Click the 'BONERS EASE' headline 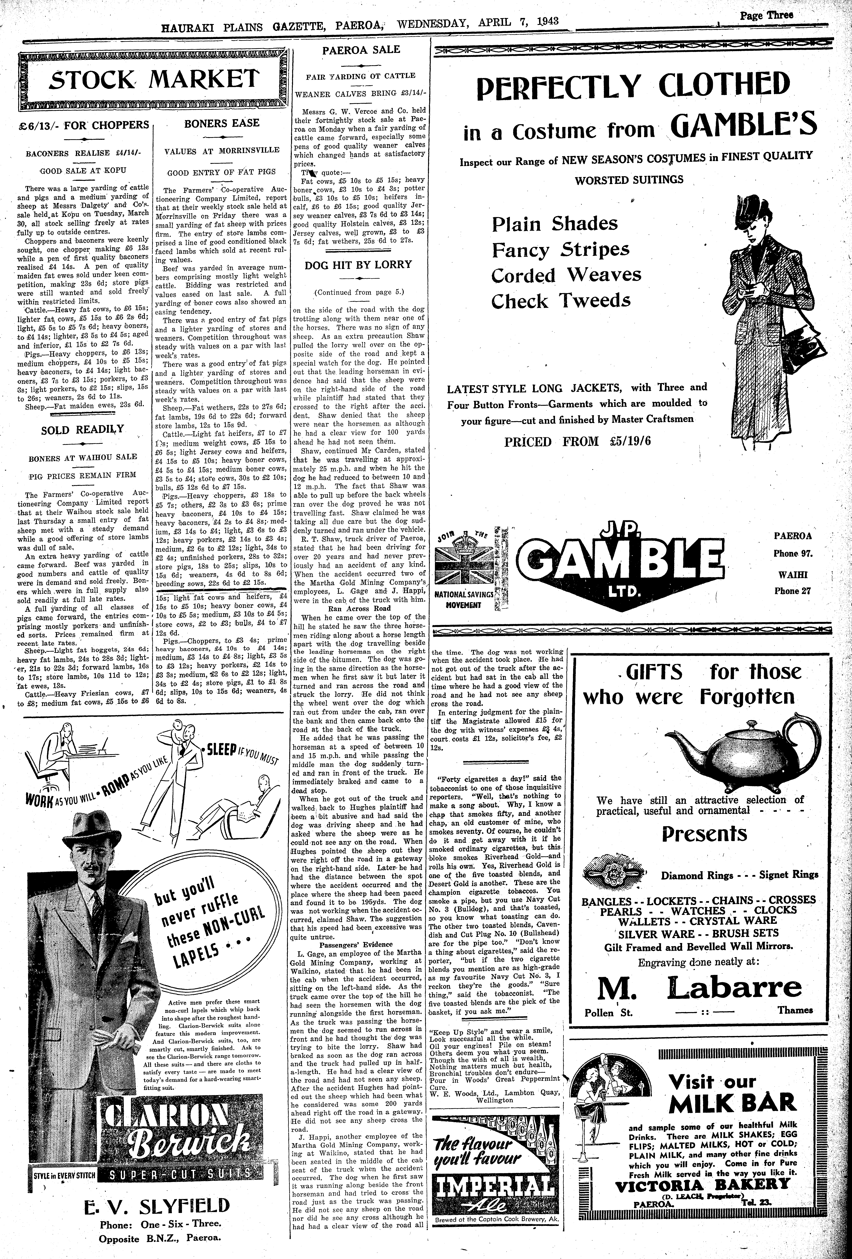coord(222,123)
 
